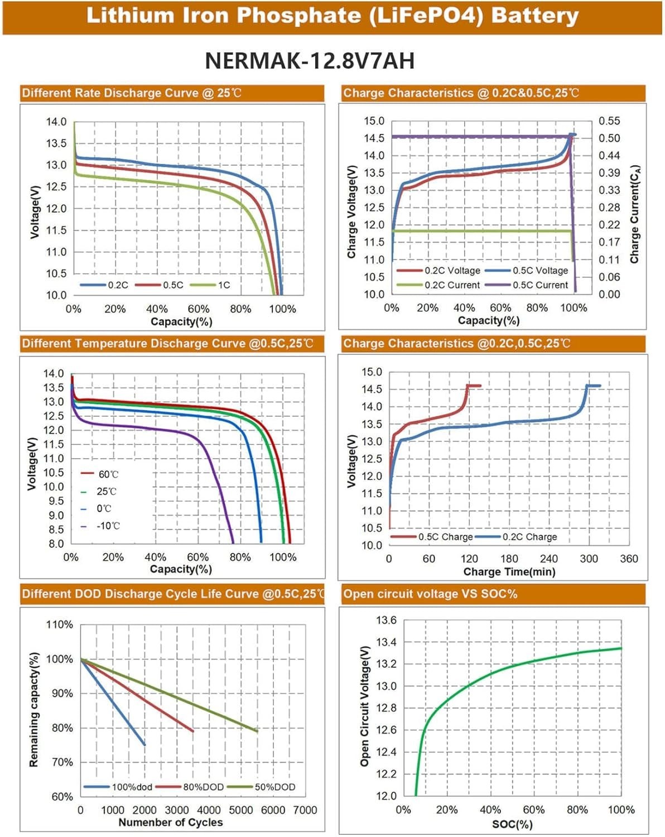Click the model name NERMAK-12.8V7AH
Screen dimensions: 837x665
click(310, 60)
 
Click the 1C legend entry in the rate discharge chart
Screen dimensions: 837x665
click(223, 285)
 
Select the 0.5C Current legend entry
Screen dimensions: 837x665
click(541, 285)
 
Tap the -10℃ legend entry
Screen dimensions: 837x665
click(108, 526)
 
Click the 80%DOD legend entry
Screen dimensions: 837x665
click(203, 787)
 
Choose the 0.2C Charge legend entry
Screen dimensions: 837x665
click(529, 537)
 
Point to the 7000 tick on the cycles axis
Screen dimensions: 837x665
click(305, 810)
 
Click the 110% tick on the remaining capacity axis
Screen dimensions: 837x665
click(59, 624)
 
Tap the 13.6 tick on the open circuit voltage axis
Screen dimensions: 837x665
click(386, 620)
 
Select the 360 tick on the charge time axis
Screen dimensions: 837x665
click(629, 559)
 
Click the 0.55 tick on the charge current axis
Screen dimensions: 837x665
click(609, 121)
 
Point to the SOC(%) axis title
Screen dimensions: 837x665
click(512, 824)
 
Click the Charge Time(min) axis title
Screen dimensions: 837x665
click(509, 572)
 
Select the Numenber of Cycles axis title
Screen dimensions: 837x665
click(170, 822)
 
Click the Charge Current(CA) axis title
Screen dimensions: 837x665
click(634, 214)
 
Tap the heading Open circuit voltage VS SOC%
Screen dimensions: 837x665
click(430, 594)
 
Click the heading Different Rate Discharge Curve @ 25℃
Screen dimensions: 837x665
click(132, 93)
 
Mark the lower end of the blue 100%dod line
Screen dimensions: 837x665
click(144, 744)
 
